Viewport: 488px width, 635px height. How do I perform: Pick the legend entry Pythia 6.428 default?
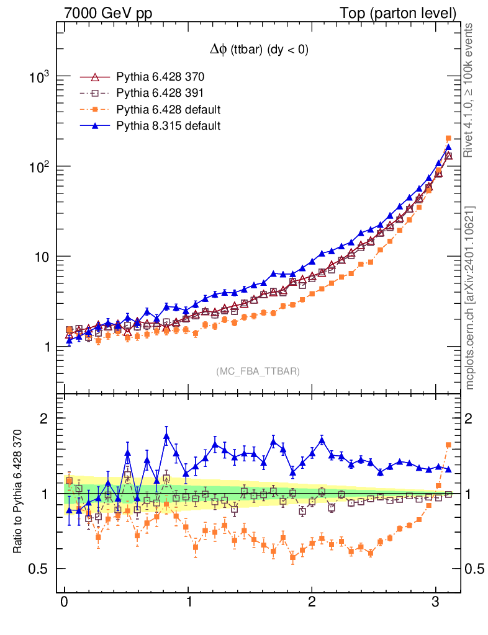point(168,110)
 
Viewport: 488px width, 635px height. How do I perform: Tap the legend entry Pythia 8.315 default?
point(168,126)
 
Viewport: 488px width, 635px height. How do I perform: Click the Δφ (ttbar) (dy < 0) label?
point(258,51)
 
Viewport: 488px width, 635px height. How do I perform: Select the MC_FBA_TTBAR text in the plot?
point(258,371)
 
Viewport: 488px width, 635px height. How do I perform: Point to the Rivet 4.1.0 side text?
point(470,90)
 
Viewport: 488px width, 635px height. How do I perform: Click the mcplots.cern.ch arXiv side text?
point(470,298)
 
